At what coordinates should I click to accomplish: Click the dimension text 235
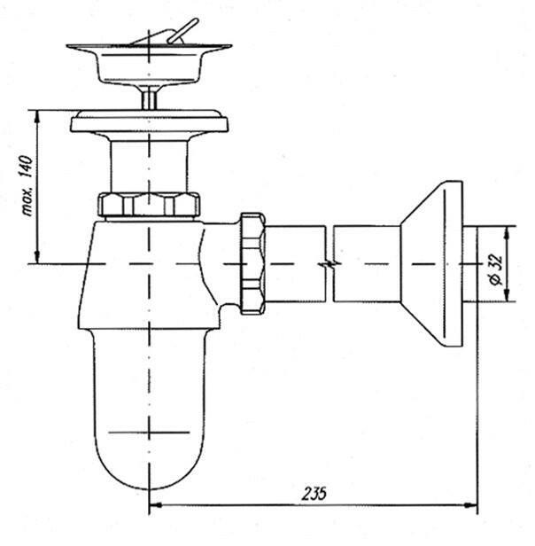coord(314,493)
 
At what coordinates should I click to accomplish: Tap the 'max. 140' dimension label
coord(27,185)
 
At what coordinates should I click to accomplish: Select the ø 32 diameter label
coord(497,269)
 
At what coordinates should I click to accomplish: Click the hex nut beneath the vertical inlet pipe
coord(149,205)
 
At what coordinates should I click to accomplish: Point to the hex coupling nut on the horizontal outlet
coord(252,263)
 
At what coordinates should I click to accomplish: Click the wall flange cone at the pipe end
coord(431,263)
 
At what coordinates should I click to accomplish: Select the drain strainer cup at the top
coord(149,65)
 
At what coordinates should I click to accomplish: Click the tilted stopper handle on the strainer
coord(182,31)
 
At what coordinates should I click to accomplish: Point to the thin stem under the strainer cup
coord(150,97)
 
